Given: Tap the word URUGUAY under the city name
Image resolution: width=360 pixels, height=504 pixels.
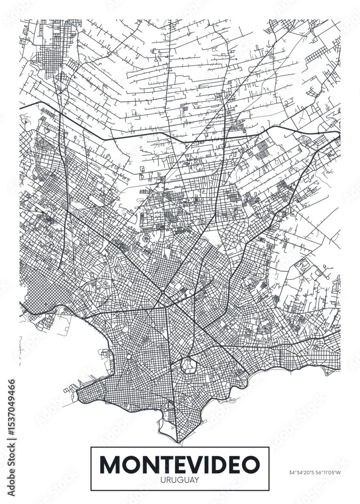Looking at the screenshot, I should pyautogui.click(x=179, y=479).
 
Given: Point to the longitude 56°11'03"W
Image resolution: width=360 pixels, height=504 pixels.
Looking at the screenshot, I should pyautogui.click(x=328, y=473).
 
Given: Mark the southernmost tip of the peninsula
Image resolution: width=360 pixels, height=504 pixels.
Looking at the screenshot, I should pyautogui.click(x=179, y=443).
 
